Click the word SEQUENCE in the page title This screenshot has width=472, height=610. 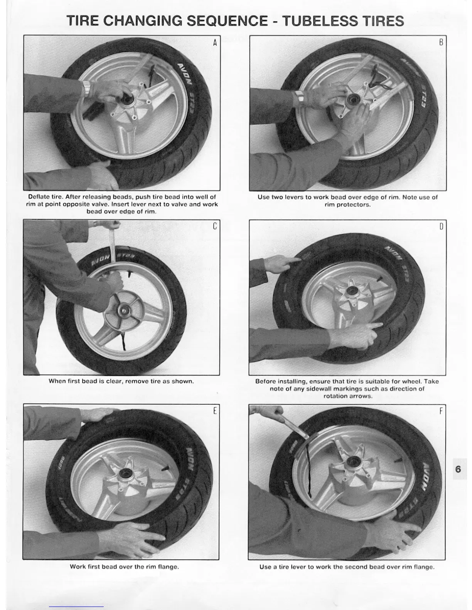click(x=227, y=21)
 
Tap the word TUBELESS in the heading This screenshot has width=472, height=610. click(x=320, y=21)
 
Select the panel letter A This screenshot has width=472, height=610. click(x=215, y=43)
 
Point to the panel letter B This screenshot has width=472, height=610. click(x=441, y=42)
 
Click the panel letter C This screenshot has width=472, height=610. click(x=215, y=226)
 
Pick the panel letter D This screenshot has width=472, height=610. click(x=441, y=226)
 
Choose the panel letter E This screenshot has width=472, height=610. click(x=215, y=411)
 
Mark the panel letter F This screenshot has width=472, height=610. click(x=441, y=411)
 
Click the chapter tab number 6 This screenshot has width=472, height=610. click(x=458, y=469)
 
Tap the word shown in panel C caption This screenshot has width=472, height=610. click(x=183, y=381)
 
